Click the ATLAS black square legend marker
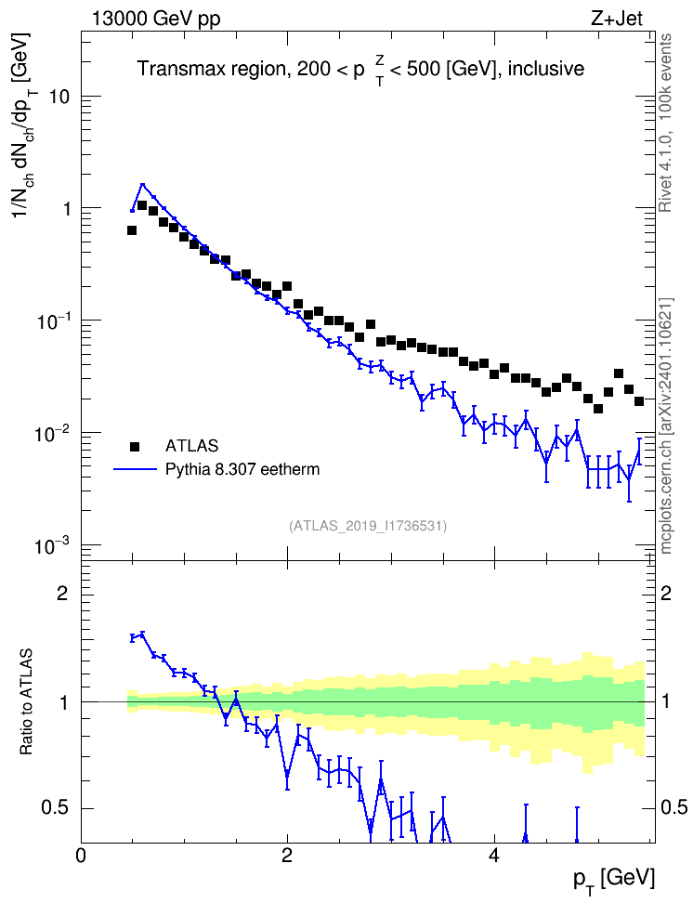coord(135,446)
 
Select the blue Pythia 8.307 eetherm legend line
coord(135,469)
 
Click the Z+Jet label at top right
coord(616,19)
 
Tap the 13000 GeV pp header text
coord(156,20)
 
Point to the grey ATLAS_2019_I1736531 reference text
coord(368,526)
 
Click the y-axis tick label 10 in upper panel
coord(59,97)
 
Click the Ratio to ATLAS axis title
coord(25,702)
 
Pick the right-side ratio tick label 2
coord(666,593)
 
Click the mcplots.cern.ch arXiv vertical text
coord(666,426)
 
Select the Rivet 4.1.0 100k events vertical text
coord(665,123)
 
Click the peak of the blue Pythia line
coord(142,184)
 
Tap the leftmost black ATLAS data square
coord(132,230)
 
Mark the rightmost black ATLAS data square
coord(639,400)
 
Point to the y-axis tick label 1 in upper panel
coord(66,208)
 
